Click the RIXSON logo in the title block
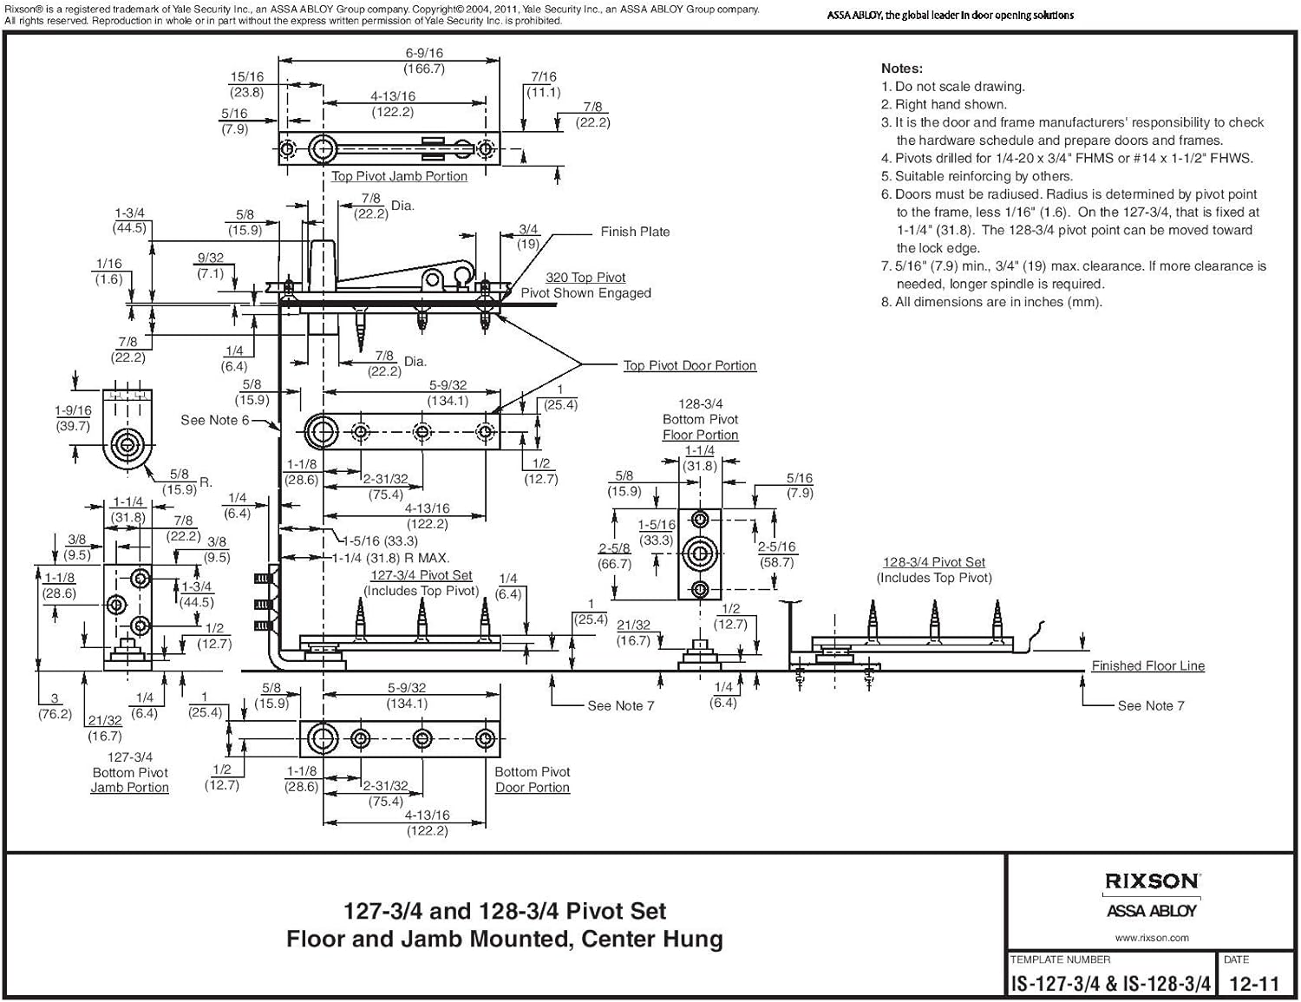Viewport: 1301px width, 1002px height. [x=1151, y=881]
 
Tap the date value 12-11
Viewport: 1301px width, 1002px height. [x=1254, y=984]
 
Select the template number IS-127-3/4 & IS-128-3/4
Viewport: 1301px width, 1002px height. [x=1110, y=984]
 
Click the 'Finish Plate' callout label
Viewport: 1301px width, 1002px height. [x=635, y=232]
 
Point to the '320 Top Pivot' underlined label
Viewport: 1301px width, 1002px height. [x=585, y=278]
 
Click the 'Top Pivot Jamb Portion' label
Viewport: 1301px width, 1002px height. [x=399, y=176]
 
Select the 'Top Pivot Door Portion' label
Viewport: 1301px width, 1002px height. [x=690, y=366]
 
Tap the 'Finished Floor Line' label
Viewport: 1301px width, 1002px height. [x=1147, y=666]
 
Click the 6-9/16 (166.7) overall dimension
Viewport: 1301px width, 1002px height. [x=424, y=61]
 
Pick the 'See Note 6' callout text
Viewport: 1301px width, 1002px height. [x=214, y=420]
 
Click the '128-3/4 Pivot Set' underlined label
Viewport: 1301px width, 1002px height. [x=933, y=562]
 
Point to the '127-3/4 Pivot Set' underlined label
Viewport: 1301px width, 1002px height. [x=421, y=575]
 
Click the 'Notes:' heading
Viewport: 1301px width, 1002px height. [x=902, y=69]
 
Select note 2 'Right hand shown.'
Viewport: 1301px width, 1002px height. [x=951, y=104]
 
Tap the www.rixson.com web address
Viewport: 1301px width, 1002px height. [x=1151, y=938]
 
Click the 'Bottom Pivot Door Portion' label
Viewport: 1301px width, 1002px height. [x=532, y=780]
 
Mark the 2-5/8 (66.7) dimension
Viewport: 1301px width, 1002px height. [x=614, y=556]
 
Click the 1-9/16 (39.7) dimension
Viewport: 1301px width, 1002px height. [x=73, y=418]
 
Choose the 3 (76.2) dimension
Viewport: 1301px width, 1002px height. [x=55, y=706]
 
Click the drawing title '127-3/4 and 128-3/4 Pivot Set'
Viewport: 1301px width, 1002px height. [x=505, y=912]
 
